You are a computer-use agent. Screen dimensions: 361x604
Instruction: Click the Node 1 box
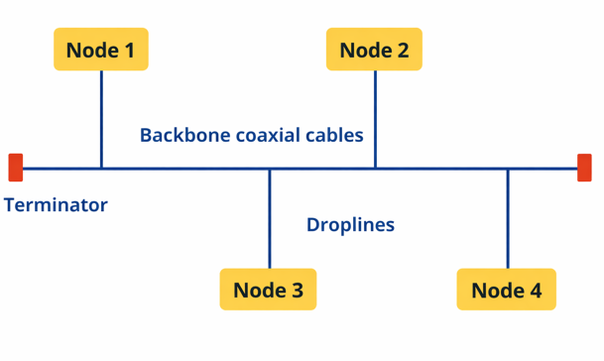click(100, 50)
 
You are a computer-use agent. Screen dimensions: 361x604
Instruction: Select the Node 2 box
click(374, 50)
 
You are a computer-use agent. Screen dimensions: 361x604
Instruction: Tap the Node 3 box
click(268, 290)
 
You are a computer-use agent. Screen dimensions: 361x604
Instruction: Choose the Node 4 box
click(506, 290)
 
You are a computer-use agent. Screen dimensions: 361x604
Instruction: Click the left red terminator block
click(15, 168)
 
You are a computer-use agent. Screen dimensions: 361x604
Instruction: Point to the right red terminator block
click(584, 168)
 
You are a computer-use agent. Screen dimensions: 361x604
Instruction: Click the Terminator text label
click(56, 205)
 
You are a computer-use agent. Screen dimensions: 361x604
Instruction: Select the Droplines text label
click(350, 225)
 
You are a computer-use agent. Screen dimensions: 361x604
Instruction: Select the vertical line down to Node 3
click(269, 218)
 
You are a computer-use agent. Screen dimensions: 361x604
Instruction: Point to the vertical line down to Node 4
click(508, 218)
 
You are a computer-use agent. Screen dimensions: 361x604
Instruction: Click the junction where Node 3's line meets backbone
click(269, 169)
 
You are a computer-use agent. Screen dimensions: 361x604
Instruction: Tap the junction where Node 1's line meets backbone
click(101, 169)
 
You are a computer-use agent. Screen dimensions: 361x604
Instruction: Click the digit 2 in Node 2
click(402, 50)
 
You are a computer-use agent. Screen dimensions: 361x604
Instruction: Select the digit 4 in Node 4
click(535, 291)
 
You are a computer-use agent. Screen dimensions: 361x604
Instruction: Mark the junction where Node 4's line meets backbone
click(508, 169)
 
